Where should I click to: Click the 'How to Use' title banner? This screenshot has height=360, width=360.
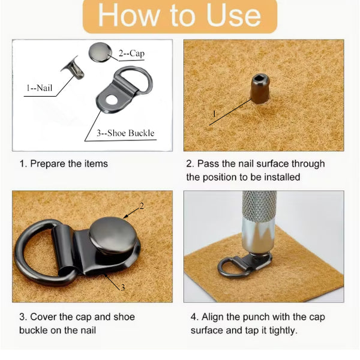point(180,16)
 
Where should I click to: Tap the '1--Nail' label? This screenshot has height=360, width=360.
point(39,88)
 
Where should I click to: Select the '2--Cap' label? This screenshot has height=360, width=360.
point(131,53)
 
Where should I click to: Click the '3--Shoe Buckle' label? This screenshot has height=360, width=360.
point(125,133)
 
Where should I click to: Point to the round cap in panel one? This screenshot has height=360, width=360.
point(100,52)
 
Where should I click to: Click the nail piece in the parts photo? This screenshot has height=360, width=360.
point(74,68)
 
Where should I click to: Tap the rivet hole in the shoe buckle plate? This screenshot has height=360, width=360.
point(111,100)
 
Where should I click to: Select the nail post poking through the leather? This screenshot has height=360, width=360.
point(260,89)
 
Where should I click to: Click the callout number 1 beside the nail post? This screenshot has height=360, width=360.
point(214,114)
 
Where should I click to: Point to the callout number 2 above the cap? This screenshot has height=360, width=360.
point(142,206)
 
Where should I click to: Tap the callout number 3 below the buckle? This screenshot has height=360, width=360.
point(123,287)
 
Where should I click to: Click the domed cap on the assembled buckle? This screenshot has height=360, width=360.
point(113,235)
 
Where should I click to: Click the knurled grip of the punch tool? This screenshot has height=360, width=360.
point(259,205)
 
